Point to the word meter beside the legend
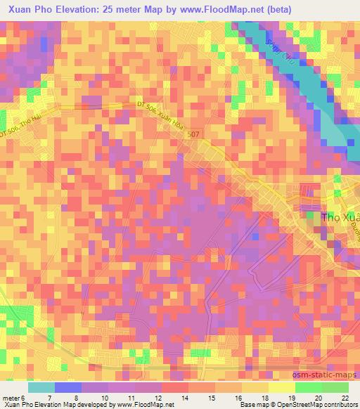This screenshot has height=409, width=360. click(x=12, y=398)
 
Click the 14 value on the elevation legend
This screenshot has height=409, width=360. click(x=184, y=398)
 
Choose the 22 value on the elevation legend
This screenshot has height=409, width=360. click(x=345, y=398)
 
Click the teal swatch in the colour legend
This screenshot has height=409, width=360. click(x=41, y=387)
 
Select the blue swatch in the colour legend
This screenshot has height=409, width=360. click(x=67, y=387)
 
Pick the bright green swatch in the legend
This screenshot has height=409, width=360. click(x=307, y=387)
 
